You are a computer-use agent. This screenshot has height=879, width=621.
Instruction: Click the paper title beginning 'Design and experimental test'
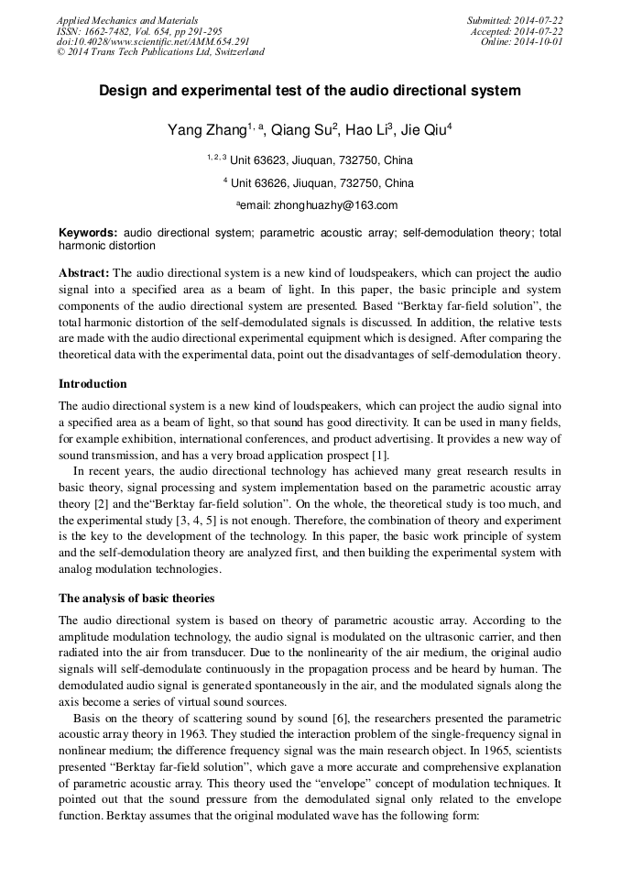pos(310,91)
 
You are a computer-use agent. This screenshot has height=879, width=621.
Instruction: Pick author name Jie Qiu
pos(423,130)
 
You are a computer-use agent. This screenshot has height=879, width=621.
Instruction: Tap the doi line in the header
pos(153,41)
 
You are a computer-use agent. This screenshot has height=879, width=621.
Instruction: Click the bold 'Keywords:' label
pos(88,234)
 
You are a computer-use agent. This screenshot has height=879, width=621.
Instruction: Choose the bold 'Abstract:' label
pos(84,273)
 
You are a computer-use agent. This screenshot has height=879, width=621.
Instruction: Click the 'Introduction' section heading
pos(93,383)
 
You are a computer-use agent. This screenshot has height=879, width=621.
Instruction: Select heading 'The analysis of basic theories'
pos(136,598)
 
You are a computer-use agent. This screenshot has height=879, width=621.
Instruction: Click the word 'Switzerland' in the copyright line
pos(235,52)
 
